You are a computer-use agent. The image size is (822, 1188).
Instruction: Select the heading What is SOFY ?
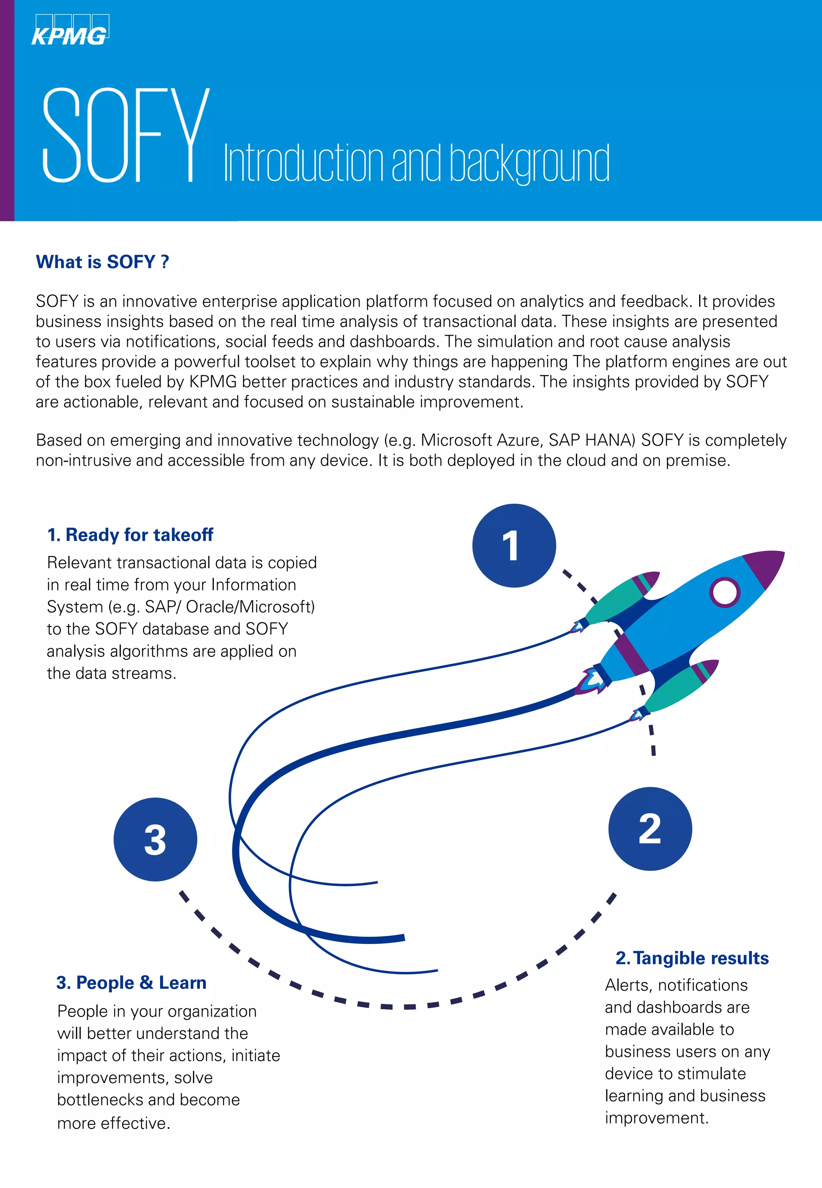(102, 262)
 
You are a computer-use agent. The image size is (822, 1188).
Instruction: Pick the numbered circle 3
(155, 839)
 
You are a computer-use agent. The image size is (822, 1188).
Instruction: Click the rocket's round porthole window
(724, 592)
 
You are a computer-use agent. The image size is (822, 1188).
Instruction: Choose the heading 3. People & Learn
(131, 982)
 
